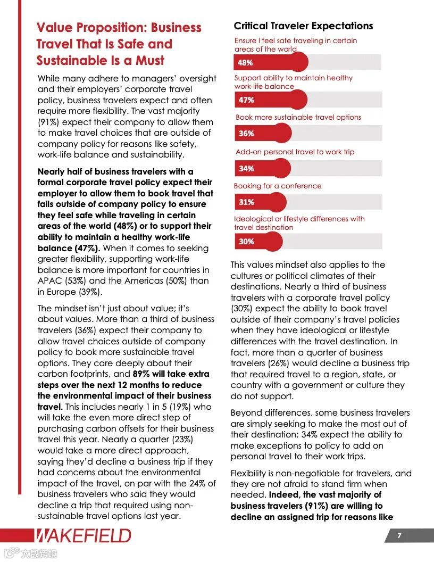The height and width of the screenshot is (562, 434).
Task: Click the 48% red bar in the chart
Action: [271, 62]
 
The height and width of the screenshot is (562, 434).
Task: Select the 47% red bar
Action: [270, 100]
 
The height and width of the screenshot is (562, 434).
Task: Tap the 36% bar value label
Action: [246, 134]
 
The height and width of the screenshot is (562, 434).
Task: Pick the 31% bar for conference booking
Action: [260, 202]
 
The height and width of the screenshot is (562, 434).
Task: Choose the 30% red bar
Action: [258, 241]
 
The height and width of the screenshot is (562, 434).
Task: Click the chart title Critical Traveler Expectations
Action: [303, 26]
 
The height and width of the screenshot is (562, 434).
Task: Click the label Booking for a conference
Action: [278, 186]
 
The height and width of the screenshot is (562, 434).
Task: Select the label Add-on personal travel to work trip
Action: [295, 152]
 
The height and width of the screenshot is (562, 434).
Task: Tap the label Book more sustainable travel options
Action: [298, 117]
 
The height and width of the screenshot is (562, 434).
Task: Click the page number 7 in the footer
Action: [399, 535]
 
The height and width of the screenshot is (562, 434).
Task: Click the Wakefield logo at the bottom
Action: [83, 535]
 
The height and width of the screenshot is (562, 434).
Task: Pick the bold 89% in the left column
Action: [143, 374]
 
